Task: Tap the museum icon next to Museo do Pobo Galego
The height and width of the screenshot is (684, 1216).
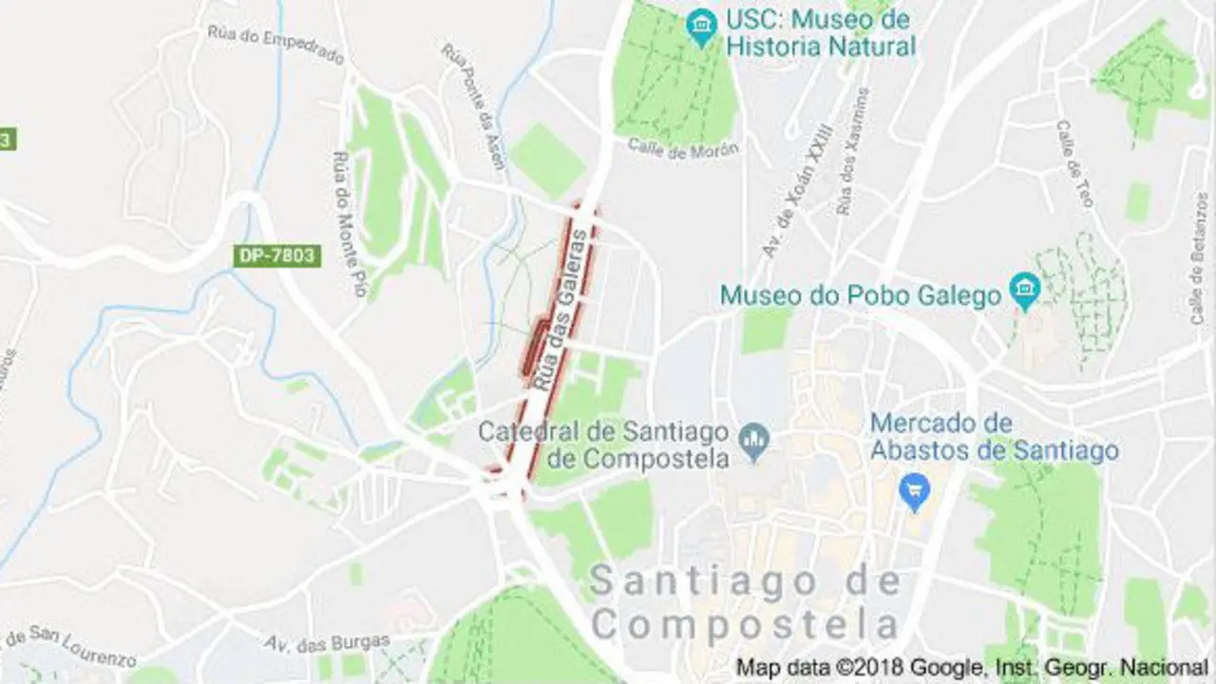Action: tap(1024, 291)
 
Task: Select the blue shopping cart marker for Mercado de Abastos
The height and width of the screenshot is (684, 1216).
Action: tap(915, 492)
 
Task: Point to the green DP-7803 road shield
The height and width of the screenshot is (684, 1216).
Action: tap(277, 256)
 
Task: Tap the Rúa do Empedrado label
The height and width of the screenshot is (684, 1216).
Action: tap(275, 45)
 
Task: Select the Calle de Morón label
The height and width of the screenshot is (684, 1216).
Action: tap(684, 148)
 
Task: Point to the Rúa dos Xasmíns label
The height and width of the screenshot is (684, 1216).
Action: tap(851, 152)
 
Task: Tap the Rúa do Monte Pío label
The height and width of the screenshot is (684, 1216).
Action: tap(348, 223)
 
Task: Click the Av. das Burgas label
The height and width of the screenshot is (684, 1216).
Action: tap(327, 643)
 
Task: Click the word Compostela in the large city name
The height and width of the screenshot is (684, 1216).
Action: tap(745, 624)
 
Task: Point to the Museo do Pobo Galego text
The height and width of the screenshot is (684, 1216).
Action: tap(861, 295)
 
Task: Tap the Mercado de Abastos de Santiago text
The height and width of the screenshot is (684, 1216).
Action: tap(994, 436)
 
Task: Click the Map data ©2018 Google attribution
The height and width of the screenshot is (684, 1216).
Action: tap(971, 667)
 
